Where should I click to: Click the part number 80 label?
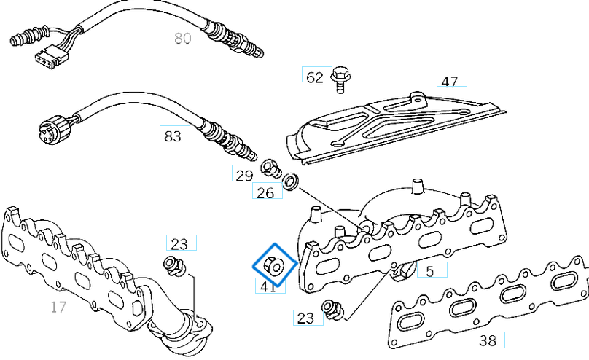pos(182,38)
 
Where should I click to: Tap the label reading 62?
pos(315,76)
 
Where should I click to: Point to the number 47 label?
pos(450,80)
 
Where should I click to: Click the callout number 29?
pos(245,174)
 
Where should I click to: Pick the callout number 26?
pos(266,192)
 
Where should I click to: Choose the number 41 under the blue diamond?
pos(268,286)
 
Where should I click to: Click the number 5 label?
pos(430,271)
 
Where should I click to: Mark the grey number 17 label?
pos(58,307)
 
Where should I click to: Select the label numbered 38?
pos(488,340)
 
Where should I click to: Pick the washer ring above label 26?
pos(290,181)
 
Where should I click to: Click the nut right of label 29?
pos(270,167)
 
